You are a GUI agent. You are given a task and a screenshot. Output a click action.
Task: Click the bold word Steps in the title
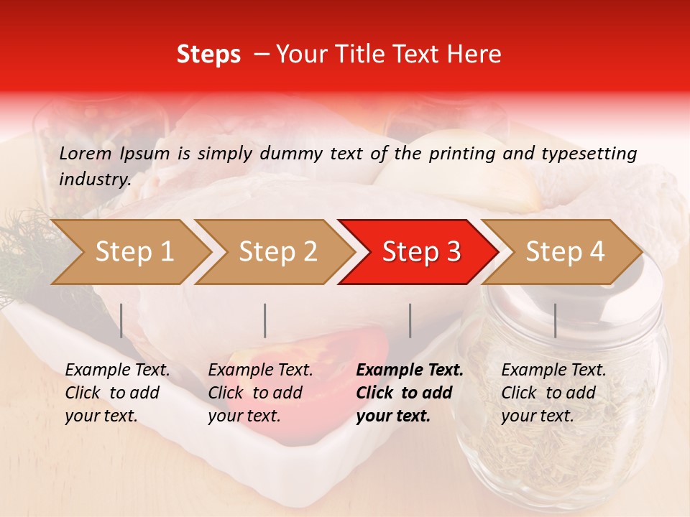(x=208, y=55)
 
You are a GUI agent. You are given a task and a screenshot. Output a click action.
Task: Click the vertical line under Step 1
(x=121, y=320)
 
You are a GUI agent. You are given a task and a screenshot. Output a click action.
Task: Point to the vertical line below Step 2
(x=265, y=320)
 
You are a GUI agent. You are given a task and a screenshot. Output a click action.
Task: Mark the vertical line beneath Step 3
(x=410, y=320)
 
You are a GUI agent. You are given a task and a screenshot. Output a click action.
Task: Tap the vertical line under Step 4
(x=556, y=320)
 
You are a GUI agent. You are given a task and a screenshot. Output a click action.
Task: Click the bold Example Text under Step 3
(x=410, y=371)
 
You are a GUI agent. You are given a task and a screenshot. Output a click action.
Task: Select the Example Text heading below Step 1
(x=117, y=371)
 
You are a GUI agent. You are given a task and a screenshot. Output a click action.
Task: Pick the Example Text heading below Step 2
(x=260, y=371)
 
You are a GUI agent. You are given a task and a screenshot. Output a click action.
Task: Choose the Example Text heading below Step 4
(x=553, y=371)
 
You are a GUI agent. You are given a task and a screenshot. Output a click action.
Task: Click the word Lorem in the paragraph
(x=86, y=154)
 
